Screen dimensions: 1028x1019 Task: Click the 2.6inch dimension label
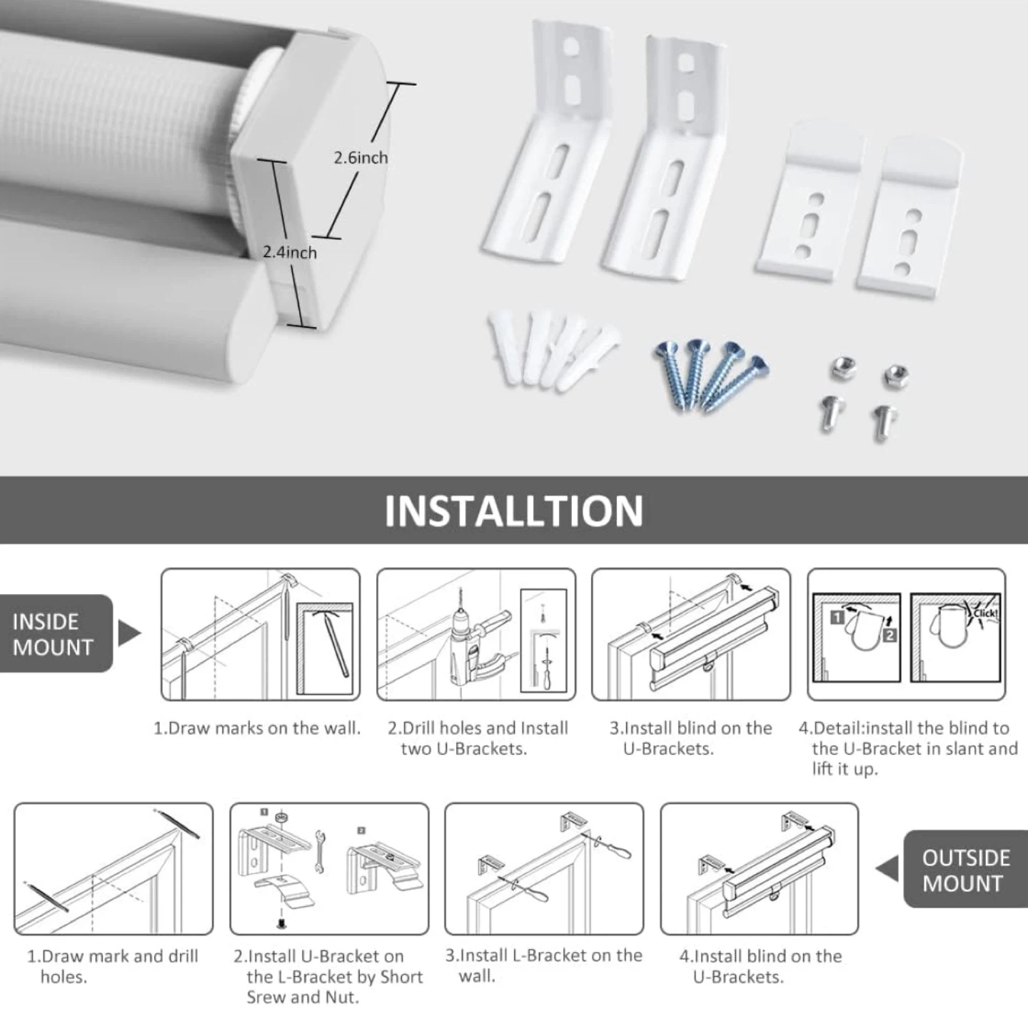[x=361, y=158]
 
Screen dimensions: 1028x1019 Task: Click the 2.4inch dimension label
[x=290, y=252]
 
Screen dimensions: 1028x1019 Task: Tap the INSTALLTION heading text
[x=514, y=511]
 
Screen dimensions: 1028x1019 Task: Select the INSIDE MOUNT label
[x=53, y=634]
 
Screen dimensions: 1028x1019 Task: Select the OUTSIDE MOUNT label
[x=966, y=870]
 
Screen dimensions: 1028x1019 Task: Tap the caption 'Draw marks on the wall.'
[x=257, y=728]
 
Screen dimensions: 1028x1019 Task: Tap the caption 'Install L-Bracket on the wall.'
[x=544, y=965]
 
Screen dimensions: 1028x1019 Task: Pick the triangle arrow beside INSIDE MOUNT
[x=129, y=633]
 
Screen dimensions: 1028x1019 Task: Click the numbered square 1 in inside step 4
[x=838, y=618]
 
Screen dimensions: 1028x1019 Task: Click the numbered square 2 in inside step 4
[x=890, y=635]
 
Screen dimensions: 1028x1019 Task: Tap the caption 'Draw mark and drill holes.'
[x=113, y=966]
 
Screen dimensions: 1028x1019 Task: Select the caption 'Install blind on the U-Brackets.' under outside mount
[x=760, y=966]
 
